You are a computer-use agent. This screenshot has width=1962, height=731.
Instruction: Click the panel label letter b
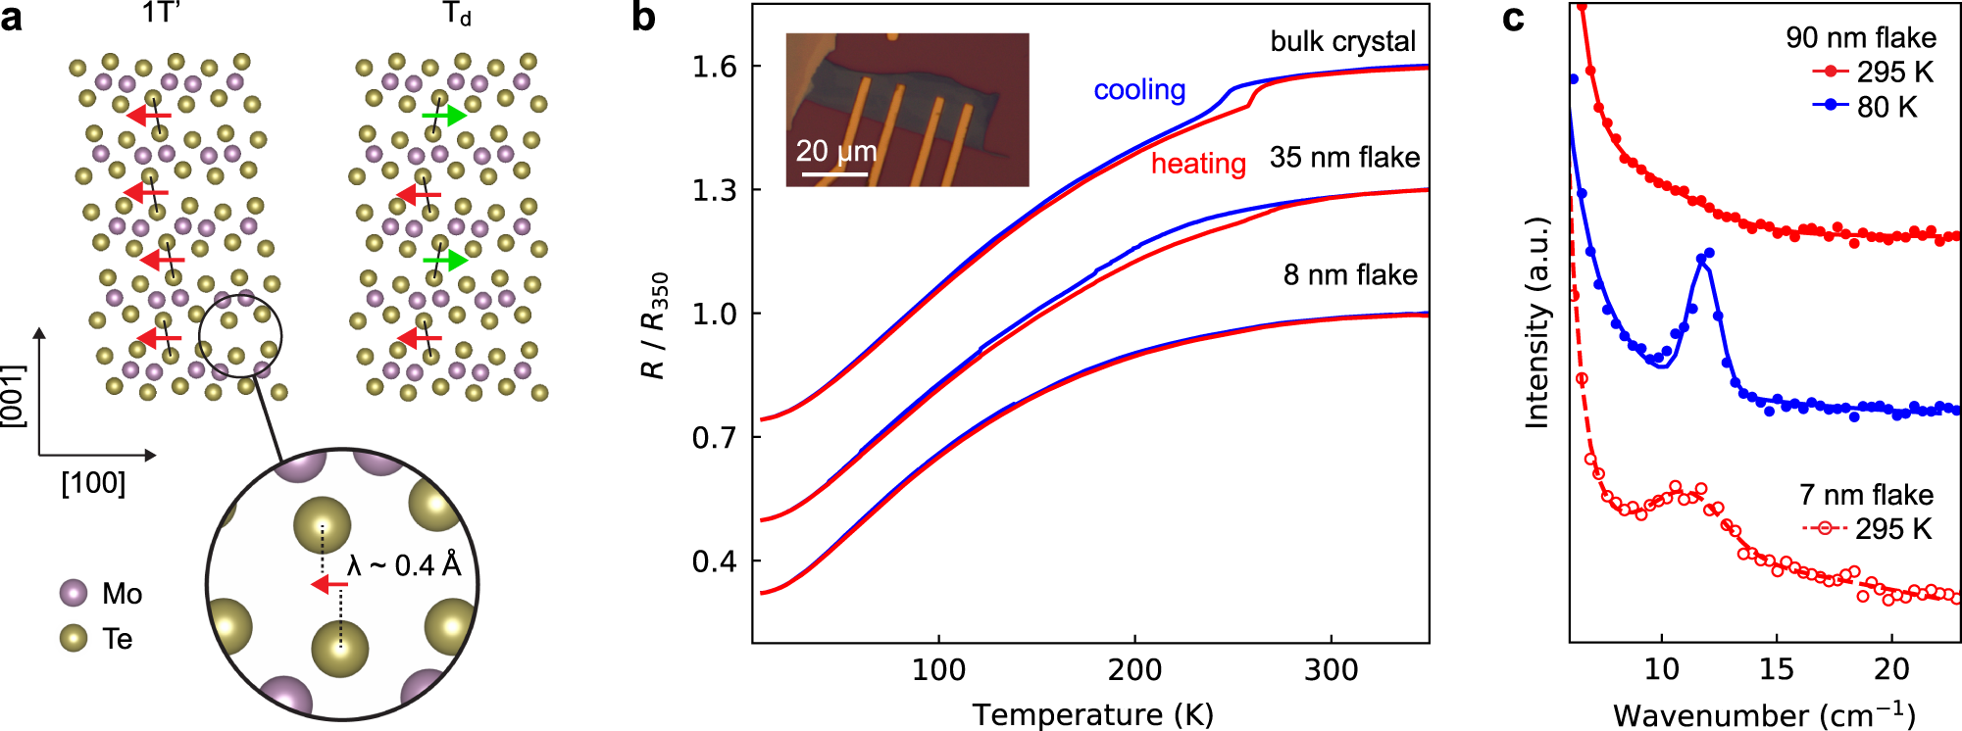point(643,18)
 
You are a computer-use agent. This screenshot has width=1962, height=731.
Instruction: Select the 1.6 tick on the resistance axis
point(714,67)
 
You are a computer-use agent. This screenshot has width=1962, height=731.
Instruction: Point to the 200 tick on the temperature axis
point(1134,670)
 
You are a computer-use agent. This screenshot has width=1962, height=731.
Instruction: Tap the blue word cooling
point(1139,90)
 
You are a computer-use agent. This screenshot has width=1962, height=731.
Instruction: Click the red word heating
point(1198,164)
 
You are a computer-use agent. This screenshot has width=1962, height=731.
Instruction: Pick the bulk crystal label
point(1342,41)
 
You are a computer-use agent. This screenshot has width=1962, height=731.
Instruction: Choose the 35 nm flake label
point(1344,158)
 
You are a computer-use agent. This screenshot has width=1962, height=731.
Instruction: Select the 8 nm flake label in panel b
point(1350,275)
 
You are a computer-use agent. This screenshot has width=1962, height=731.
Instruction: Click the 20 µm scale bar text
point(835,151)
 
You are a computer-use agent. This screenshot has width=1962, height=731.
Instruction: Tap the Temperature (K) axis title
point(1092,714)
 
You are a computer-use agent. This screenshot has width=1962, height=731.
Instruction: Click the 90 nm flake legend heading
point(1860,38)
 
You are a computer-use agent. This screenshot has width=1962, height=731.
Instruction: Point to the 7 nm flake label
point(1866,495)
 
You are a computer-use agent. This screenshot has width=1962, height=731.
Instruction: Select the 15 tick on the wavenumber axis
point(1776,670)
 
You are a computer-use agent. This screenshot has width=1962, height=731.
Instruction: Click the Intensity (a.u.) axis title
point(1537,323)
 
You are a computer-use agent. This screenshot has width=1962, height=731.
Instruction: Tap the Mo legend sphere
point(74,593)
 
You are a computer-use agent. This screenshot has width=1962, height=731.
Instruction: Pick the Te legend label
point(118,639)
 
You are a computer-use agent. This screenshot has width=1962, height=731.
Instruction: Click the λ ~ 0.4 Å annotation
point(404,566)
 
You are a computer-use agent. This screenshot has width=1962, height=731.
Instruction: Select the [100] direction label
point(93,484)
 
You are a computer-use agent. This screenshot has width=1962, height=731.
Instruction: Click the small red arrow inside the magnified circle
point(328,585)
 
